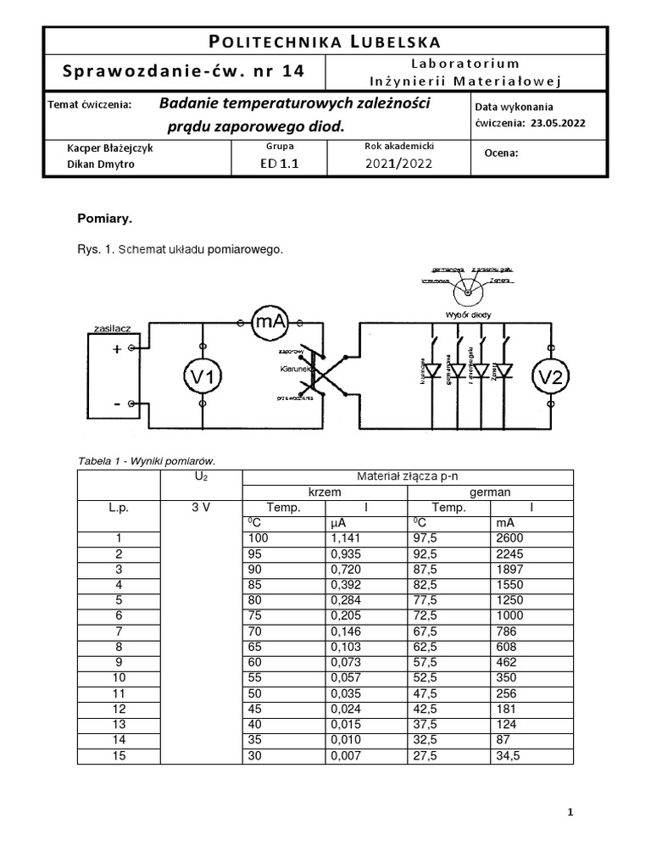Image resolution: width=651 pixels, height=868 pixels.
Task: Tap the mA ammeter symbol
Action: tap(269, 321)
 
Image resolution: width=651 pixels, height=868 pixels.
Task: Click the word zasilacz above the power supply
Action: tap(106, 326)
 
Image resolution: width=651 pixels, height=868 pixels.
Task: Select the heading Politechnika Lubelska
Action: tap(325, 42)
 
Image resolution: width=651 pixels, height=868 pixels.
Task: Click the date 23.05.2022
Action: tap(558, 122)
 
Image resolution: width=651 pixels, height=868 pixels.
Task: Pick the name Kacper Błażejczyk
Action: tap(110, 147)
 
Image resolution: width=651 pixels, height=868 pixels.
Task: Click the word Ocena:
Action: tap(500, 153)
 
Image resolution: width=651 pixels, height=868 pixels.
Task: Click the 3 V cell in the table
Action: tap(201, 508)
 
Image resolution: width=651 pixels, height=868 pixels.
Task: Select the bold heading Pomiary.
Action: tap(105, 219)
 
